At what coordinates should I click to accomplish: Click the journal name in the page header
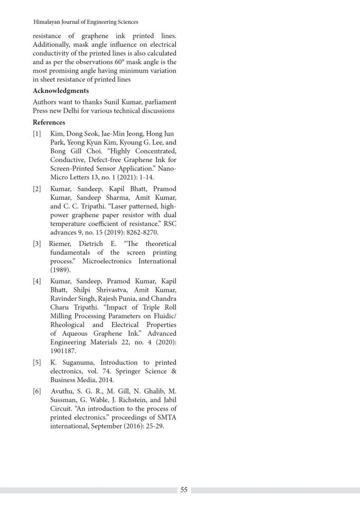pos(86,22)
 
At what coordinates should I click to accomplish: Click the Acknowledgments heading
pos(61,91)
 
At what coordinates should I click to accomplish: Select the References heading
pos(49,123)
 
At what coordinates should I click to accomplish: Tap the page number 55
pos(184,490)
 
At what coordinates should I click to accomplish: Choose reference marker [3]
pos(37,244)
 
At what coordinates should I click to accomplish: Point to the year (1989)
pos(59,270)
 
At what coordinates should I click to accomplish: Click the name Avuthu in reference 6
pos(62,391)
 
